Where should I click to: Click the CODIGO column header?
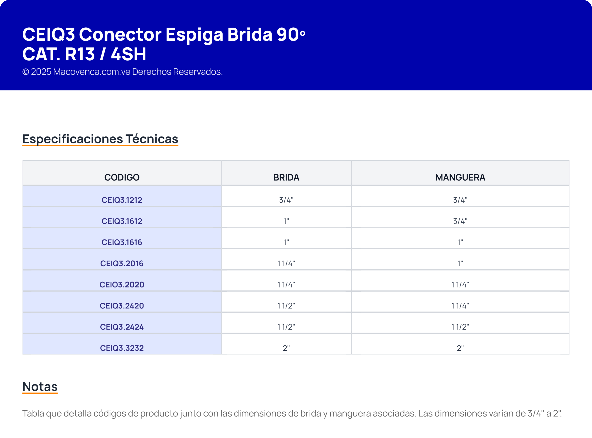pos(122,177)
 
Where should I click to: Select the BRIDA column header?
pos(286,177)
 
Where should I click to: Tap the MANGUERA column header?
pos(460,177)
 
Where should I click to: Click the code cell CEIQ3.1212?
pos(122,200)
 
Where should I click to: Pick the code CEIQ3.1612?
pos(122,221)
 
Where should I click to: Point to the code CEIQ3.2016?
pos(122,263)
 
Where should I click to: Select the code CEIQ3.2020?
pos(122,285)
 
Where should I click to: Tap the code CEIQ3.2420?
pos(122,306)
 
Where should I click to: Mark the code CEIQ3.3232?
pos(122,348)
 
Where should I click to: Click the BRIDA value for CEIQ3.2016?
pos(286,263)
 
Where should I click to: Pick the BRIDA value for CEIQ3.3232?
pos(286,348)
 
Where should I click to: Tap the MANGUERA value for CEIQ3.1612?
pos(460,221)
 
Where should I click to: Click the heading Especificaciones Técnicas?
pos(100,139)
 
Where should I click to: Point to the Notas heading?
pos(40,387)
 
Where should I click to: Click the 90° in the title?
pos(291,34)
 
